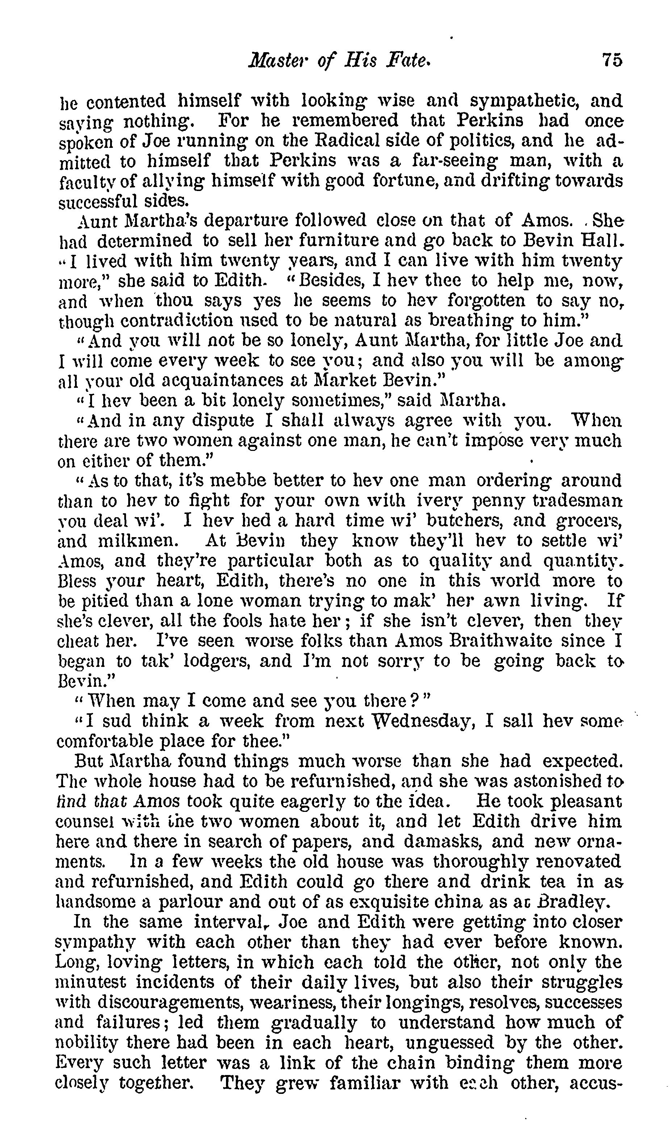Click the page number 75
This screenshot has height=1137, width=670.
pos(611,60)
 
